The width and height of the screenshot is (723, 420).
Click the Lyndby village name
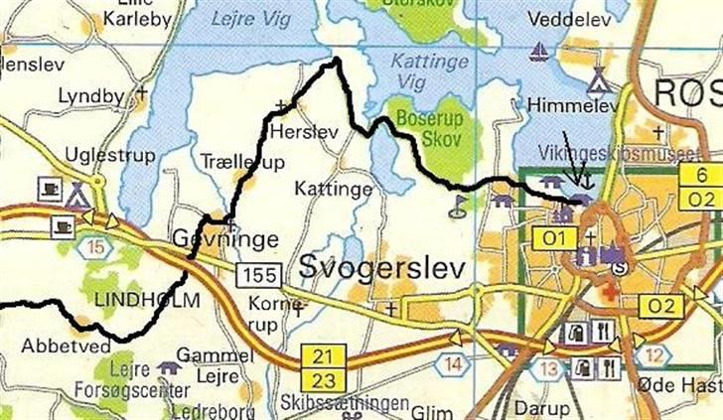91,96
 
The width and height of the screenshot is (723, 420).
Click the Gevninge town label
224,238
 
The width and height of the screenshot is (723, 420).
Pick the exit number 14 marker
453,364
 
